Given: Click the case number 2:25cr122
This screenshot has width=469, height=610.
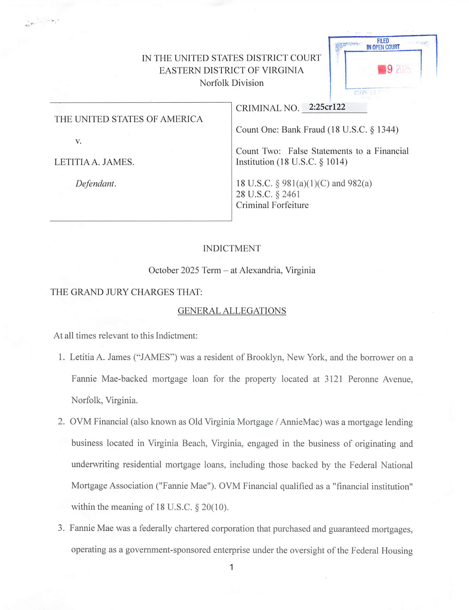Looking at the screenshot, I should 327,107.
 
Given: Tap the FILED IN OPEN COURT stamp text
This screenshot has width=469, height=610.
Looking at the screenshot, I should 383,44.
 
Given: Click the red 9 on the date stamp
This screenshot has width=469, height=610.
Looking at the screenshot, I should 390,69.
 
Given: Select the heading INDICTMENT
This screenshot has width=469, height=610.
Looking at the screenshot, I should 232,249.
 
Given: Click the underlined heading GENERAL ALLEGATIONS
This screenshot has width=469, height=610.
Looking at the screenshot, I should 232,311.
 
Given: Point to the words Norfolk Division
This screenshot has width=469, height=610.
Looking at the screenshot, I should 232,83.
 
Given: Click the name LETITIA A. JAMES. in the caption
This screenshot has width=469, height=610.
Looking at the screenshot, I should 94,162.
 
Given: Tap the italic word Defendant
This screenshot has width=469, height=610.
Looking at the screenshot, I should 96,184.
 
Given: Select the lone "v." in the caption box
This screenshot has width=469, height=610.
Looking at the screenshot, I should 78,141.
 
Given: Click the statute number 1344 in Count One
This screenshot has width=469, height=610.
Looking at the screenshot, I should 386,130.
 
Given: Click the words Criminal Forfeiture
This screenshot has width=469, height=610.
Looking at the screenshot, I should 272,205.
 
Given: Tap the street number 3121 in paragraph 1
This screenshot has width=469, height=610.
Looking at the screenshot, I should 333,379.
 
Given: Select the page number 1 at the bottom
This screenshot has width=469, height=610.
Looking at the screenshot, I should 232,567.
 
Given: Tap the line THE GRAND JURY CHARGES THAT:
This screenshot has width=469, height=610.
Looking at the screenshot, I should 126,292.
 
